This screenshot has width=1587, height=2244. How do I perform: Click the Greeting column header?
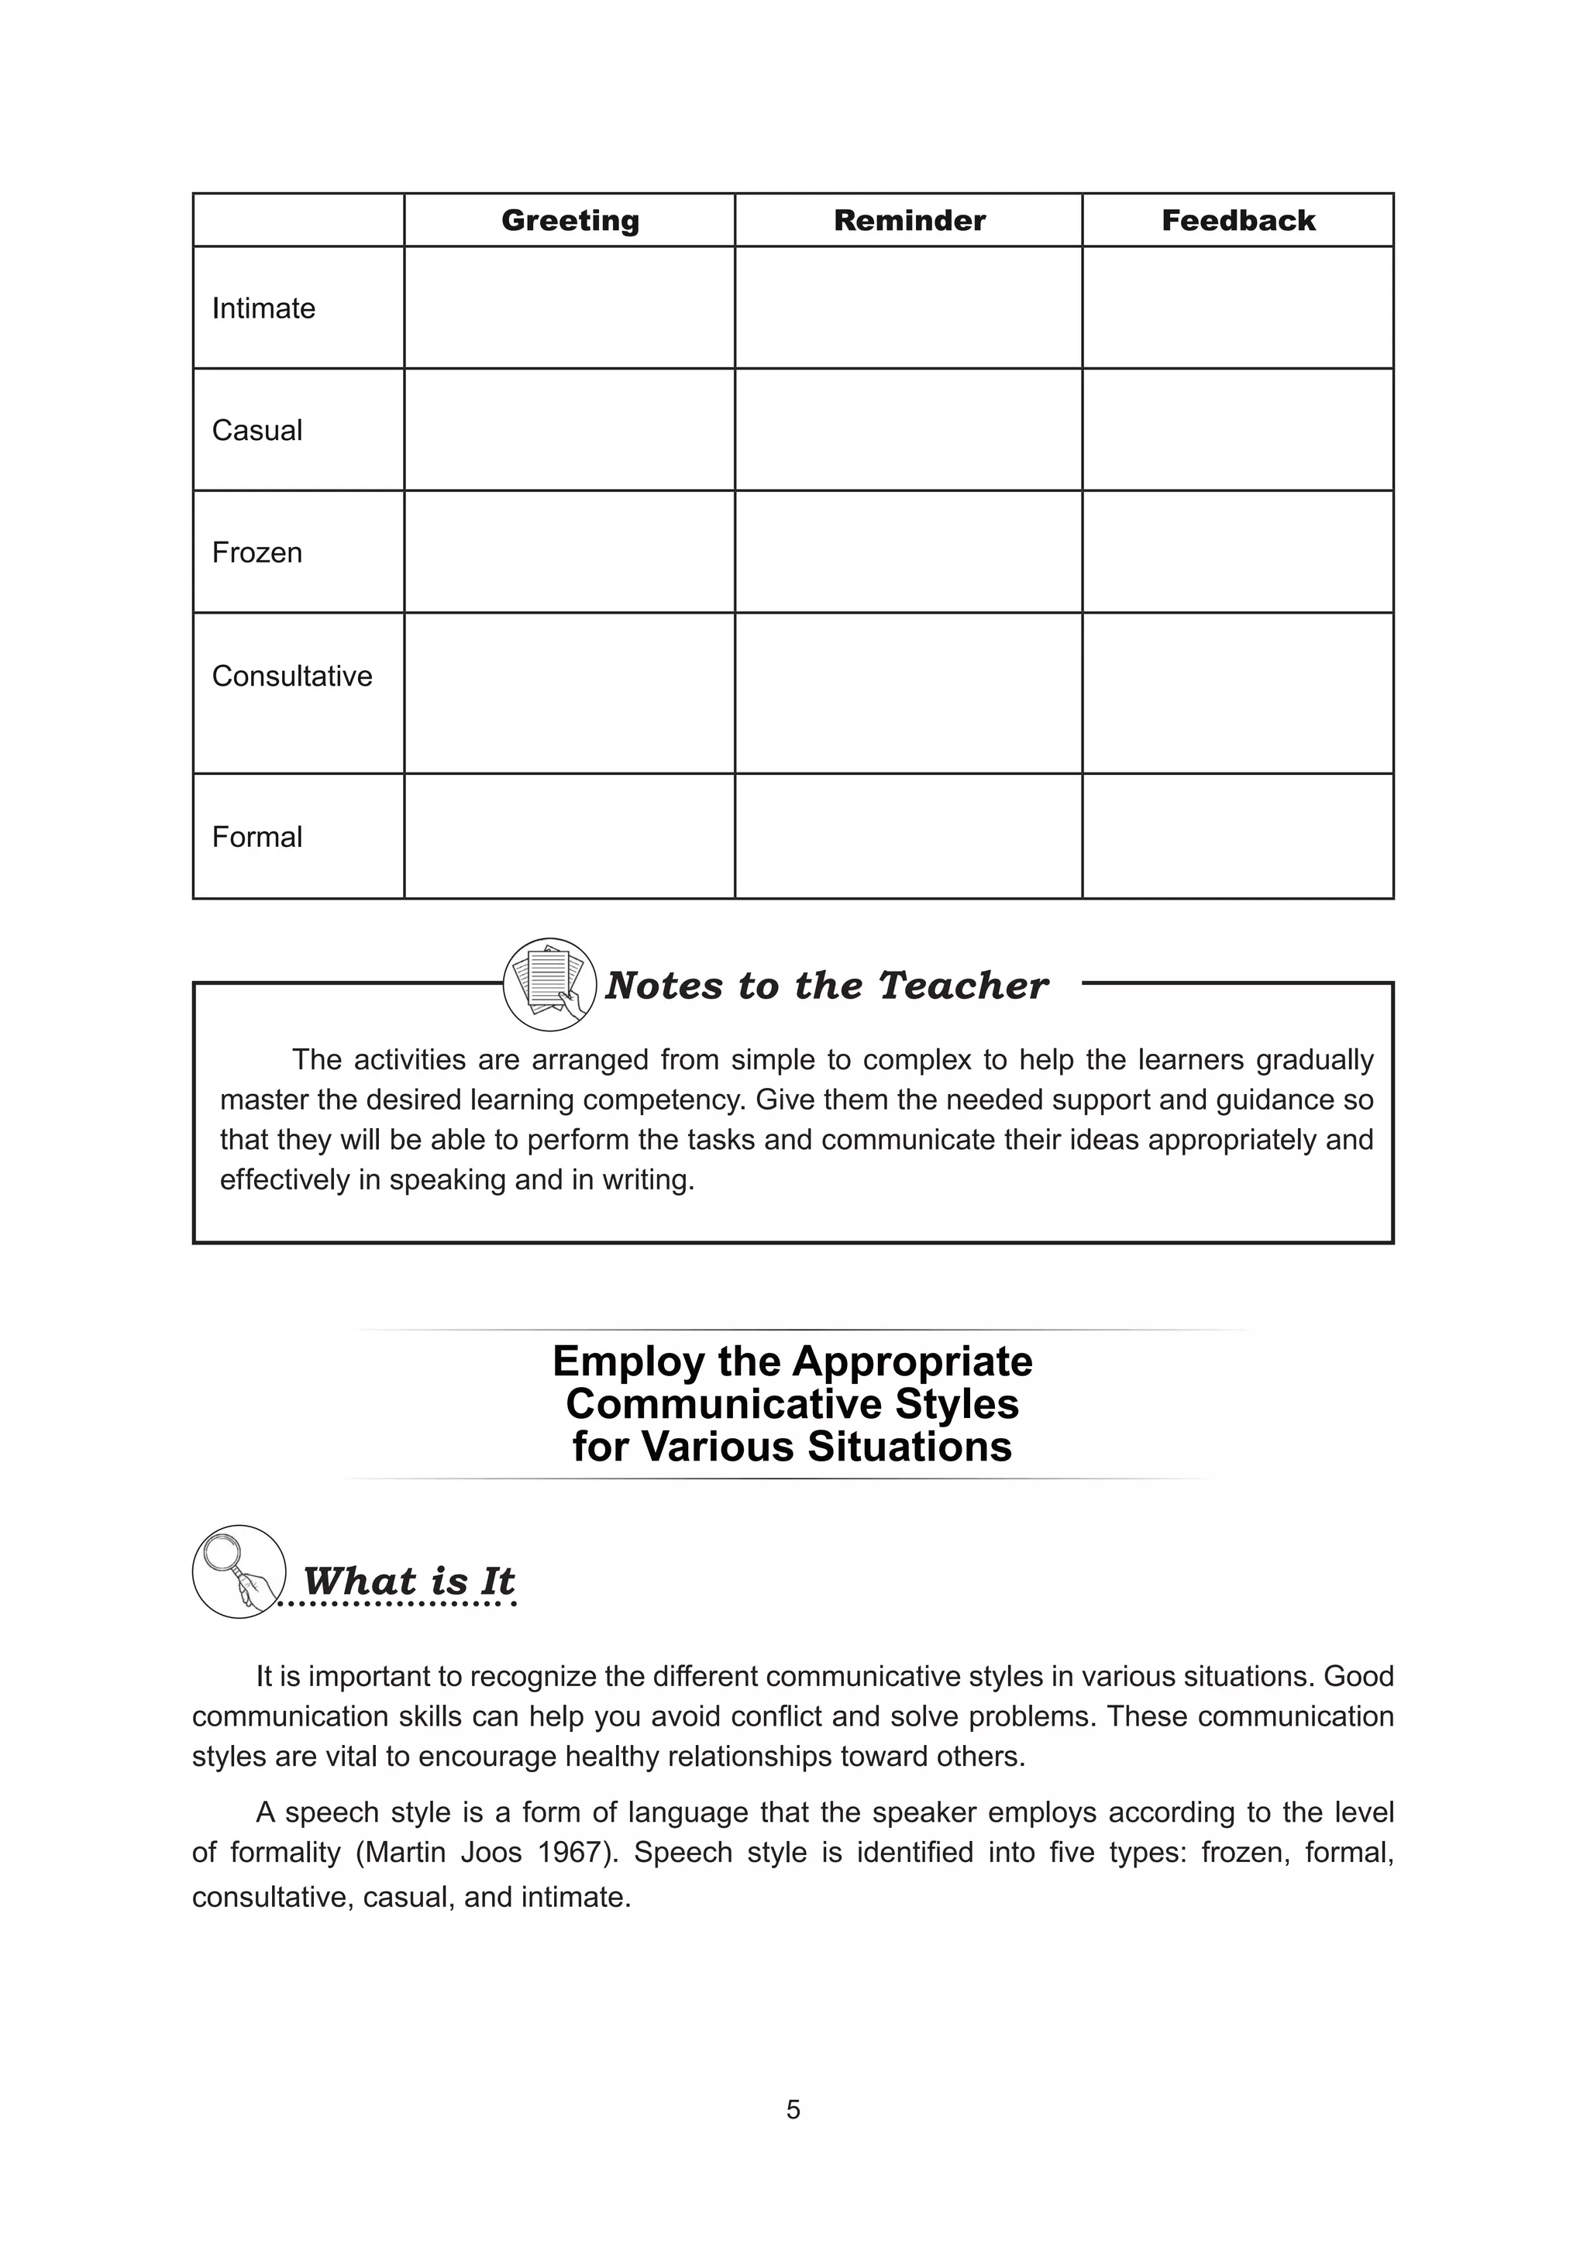pyautogui.click(x=570, y=221)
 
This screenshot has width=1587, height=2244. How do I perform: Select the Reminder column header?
pyautogui.click(x=909, y=221)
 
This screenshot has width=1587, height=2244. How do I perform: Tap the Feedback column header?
pyautogui.click(x=1238, y=221)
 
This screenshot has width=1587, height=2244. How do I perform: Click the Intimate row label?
pyautogui.click(x=263, y=309)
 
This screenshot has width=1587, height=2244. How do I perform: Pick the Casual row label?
pyautogui.click(x=257, y=431)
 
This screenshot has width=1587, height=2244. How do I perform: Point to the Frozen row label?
pyautogui.click(x=257, y=553)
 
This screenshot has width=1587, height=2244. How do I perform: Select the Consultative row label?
pyautogui.click(x=292, y=676)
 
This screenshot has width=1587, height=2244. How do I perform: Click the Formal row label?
pyautogui.click(x=257, y=838)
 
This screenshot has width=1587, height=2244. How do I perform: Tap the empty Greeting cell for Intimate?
pyautogui.click(x=570, y=308)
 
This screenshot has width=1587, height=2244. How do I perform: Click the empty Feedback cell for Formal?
pyautogui.click(x=1238, y=837)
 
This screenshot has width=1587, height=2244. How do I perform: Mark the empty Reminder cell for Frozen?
pyautogui.click(x=909, y=552)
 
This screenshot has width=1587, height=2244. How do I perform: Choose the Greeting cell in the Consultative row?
pyautogui.click(x=570, y=694)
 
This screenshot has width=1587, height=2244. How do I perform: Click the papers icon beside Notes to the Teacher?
pyautogui.click(x=549, y=984)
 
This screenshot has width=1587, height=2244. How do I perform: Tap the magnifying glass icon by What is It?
pyautogui.click(x=239, y=1571)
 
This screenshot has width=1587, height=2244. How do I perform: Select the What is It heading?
pyautogui.click(x=408, y=1581)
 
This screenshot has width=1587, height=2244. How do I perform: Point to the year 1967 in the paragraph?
pyautogui.click(x=566, y=1852)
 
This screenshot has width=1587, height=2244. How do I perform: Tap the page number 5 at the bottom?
pyautogui.click(x=793, y=2110)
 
